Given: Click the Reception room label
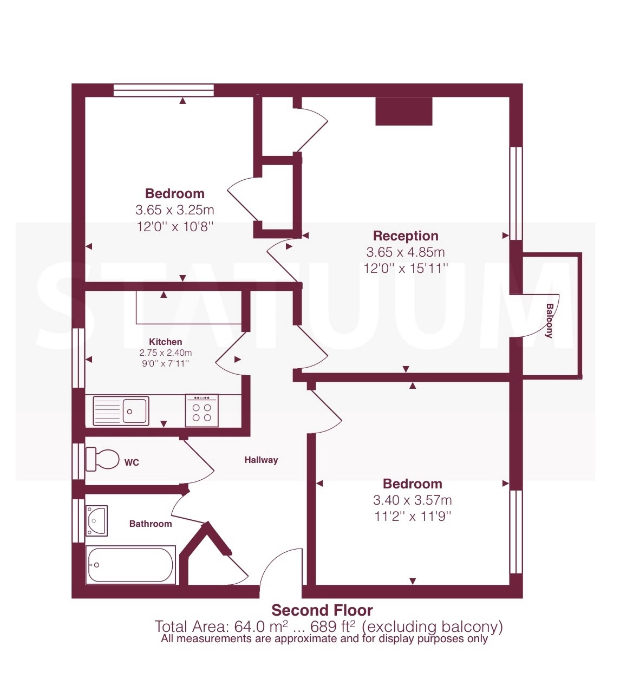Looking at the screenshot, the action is click(x=406, y=236).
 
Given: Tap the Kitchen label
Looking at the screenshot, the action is click(x=165, y=342).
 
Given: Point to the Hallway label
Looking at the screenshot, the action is click(x=262, y=460).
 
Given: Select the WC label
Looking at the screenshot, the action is click(x=132, y=462).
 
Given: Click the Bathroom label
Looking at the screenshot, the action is click(x=151, y=524).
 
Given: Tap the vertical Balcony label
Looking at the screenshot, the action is click(x=549, y=321).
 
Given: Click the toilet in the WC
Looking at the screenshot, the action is click(x=102, y=459).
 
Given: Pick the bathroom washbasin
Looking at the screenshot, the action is click(x=96, y=521).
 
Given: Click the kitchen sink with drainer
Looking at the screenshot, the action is click(x=121, y=411).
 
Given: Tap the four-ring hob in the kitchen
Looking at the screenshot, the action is click(x=202, y=410).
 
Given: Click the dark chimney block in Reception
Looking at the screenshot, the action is click(x=404, y=112).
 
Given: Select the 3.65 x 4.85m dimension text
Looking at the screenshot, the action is click(x=406, y=252).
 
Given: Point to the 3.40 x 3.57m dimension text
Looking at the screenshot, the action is click(x=412, y=500).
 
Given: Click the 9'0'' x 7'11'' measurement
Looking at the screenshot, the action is click(x=165, y=363).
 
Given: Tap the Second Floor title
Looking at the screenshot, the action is click(x=322, y=610).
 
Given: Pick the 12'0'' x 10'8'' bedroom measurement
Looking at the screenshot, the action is click(x=175, y=226).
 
